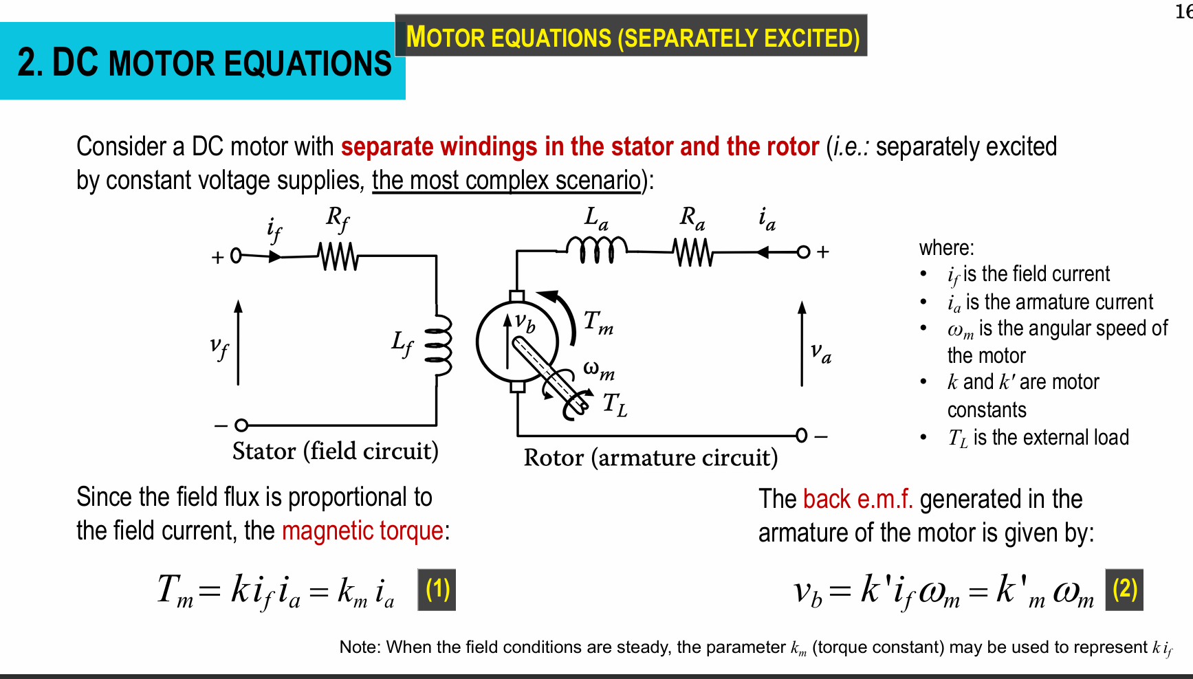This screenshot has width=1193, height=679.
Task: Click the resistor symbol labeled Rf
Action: click(338, 256)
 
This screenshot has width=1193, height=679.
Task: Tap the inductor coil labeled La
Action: click(596, 250)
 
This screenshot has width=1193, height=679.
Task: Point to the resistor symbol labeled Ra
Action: click(693, 252)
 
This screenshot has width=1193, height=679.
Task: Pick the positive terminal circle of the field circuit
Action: click(236, 256)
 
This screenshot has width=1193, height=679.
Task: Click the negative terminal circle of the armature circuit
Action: click(801, 435)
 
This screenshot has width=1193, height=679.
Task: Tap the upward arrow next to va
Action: click(802, 343)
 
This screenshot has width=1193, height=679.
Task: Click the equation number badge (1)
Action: click(437, 590)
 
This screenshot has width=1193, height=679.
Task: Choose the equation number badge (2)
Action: click(1124, 590)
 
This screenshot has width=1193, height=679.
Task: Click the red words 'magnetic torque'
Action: click(362, 531)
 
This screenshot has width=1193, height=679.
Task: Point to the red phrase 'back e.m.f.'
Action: click(857, 499)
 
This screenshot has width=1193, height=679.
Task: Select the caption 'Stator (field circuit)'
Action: click(335, 451)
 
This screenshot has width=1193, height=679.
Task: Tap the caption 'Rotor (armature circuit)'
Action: click(650, 457)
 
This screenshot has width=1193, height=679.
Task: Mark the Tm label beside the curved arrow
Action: click(598, 321)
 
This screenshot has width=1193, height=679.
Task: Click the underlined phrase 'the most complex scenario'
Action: click(506, 180)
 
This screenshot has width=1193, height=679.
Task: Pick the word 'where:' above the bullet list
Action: click(946, 247)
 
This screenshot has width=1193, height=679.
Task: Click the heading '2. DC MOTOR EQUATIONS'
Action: click(204, 63)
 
